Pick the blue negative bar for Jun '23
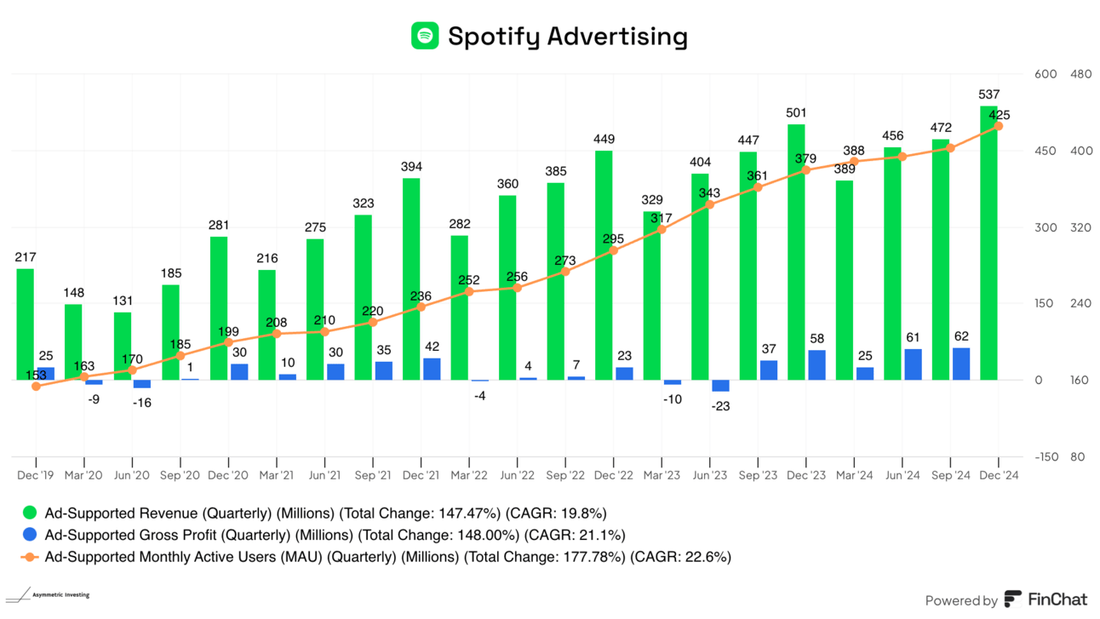pyautogui.click(x=720, y=386)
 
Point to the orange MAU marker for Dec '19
pyautogui.click(x=36, y=387)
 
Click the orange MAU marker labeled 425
pyautogui.click(x=999, y=126)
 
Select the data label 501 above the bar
pyautogui.click(x=796, y=112)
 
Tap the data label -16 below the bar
pyautogui.click(x=141, y=402)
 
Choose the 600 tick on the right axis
pyautogui.click(x=1045, y=74)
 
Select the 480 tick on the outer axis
pyautogui.click(x=1080, y=74)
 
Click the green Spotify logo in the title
pyautogui.click(x=425, y=36)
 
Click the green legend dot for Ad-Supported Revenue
pyautogui.click(x=31, y=513)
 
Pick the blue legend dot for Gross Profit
pyautogui.click(x=31, y=535)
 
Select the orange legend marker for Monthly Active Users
pyautogui.click(x=31, y=557)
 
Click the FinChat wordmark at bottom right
pyautogui.click(x=1057, y=599)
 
